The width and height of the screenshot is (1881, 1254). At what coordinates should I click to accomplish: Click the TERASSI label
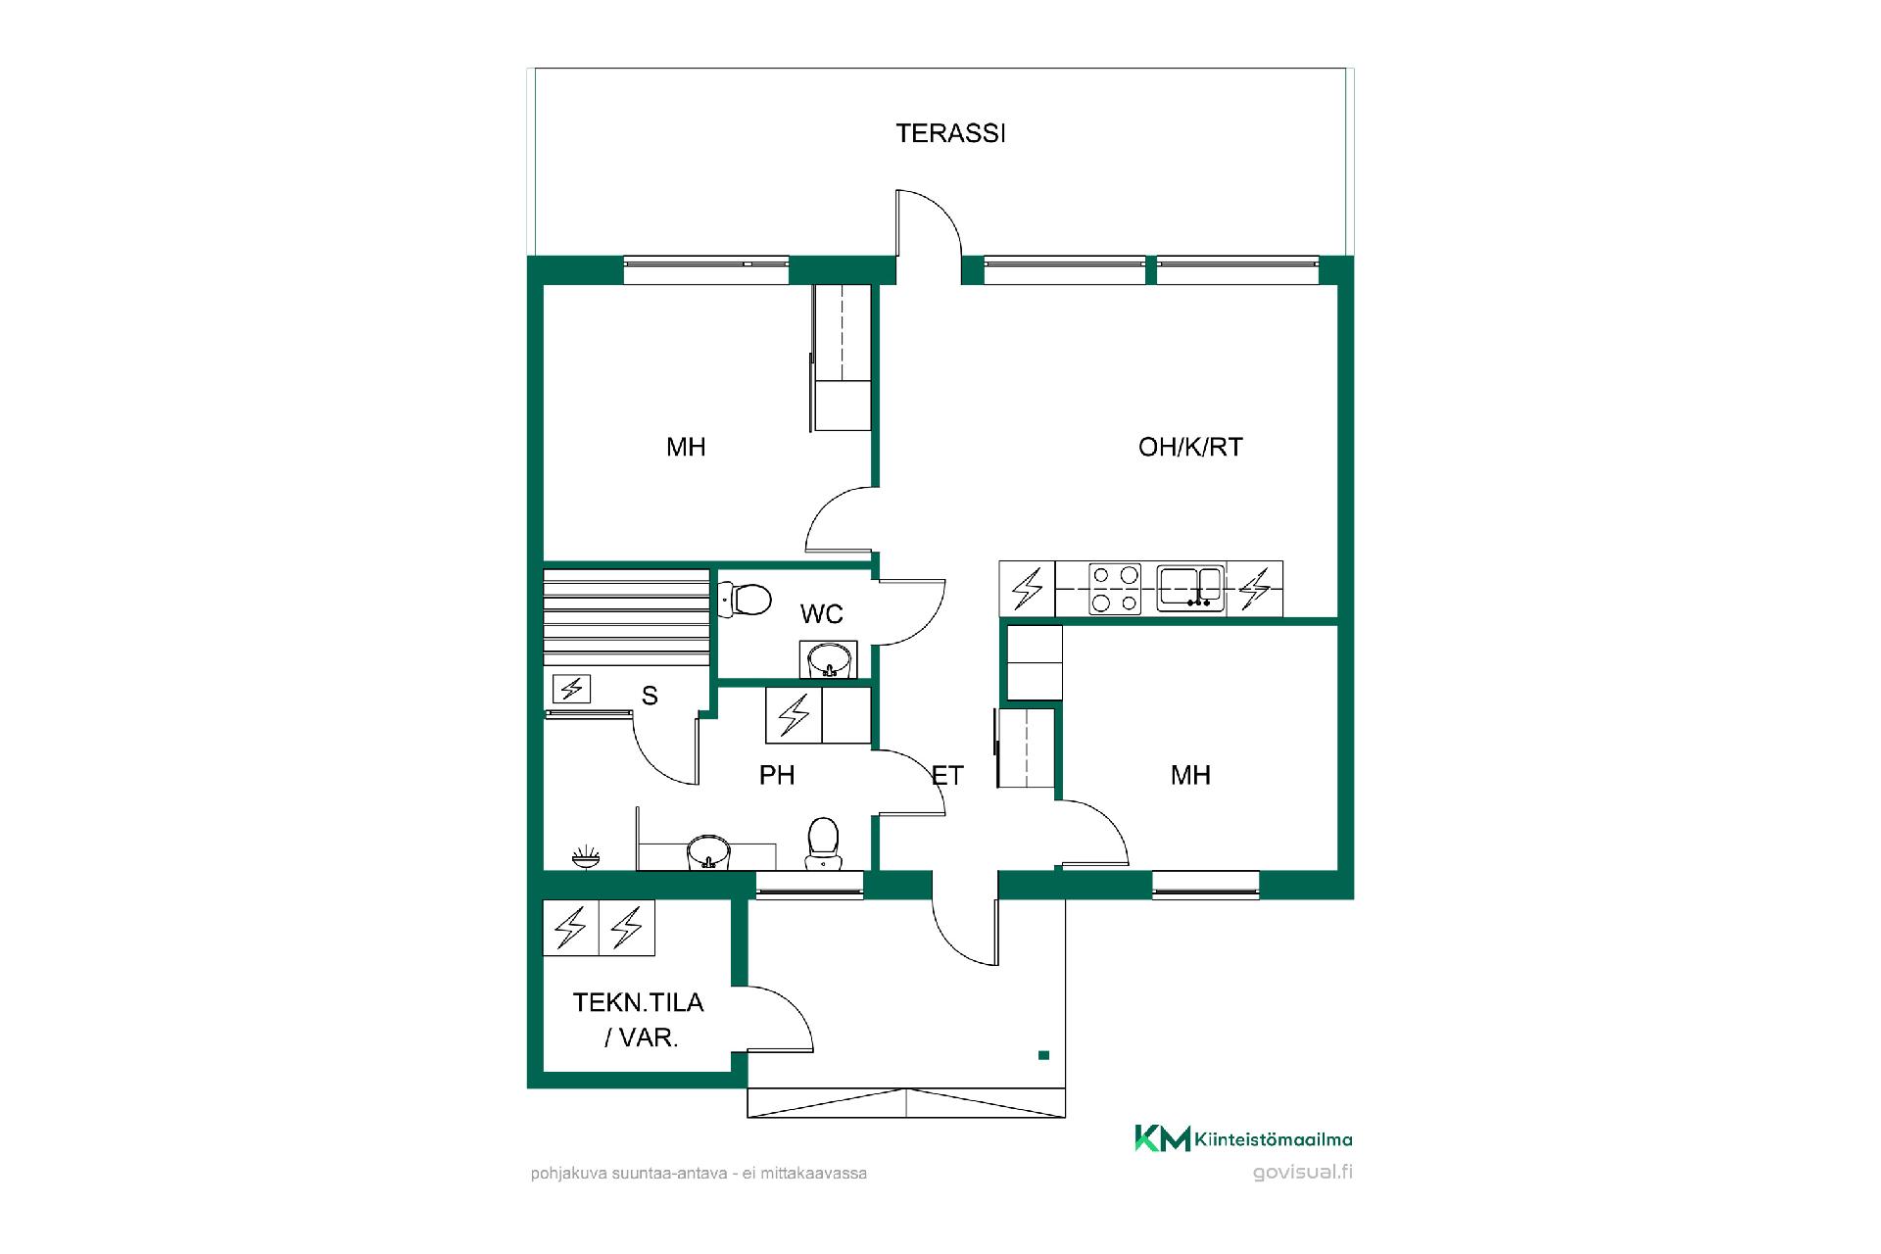950,133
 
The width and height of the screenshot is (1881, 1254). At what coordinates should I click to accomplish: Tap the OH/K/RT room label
1190,447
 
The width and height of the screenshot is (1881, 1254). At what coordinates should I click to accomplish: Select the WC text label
821,614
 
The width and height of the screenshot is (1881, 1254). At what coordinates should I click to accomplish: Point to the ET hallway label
947,776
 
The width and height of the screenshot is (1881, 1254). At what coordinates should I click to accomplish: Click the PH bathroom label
777,776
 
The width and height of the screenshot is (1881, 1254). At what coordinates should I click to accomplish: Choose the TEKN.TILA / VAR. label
639,1020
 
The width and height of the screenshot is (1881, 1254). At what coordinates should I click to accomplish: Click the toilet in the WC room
746,599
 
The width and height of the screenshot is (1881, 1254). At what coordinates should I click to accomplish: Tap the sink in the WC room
829,659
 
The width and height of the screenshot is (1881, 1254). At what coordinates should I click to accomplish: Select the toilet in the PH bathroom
823,843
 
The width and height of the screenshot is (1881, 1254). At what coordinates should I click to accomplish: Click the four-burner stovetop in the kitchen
1116,589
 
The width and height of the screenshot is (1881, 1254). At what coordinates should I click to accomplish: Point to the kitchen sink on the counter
1190,588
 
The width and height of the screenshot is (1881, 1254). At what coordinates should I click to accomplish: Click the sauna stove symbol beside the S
570,690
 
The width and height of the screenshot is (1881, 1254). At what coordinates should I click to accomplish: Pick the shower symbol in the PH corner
586,857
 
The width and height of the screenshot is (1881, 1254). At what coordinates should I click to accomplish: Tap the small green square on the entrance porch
1043,1055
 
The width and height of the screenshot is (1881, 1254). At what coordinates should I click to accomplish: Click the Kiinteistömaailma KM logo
1243,1138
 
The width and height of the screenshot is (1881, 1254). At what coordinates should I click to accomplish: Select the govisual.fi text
1303,1172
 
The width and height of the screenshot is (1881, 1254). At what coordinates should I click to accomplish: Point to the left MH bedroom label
686,447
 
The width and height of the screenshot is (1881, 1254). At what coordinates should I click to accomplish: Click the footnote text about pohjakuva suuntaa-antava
699,1173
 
